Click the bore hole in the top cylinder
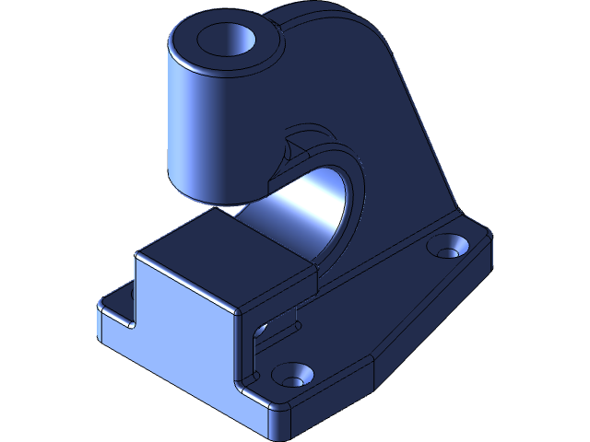tap(225, 39)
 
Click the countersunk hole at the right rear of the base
tap(449, 249)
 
